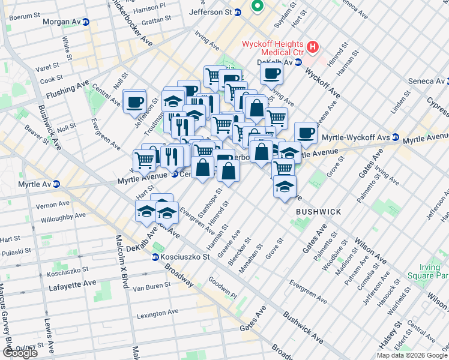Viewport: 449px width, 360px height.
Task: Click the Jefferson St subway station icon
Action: click(x=238, y=11)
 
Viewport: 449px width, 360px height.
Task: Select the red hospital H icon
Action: click(x=312, y=46)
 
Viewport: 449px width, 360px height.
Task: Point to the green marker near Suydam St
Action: click(x=258, y=7)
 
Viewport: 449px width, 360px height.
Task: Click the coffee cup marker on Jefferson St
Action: click(x=134, y=100)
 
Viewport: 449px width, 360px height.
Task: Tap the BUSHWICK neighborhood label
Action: click(x=318, y=212)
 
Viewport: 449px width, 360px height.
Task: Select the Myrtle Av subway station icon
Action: click(x=56, y=183)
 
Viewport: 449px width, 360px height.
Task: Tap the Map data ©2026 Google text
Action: click(x=411, y=355)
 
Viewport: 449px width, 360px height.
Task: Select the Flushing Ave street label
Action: click(x=68, y=89)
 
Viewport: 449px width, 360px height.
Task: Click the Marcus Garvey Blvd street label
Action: click(x=8, y=318)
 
